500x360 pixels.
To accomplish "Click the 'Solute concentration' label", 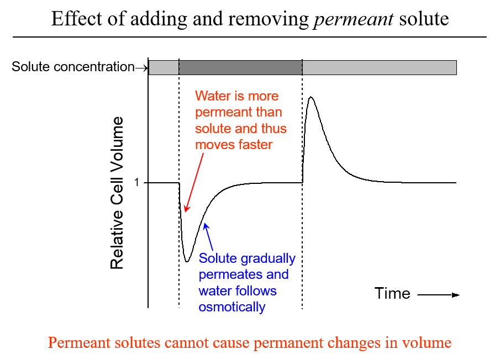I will [x=73, y=67].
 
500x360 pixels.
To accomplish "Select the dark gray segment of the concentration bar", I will [x=240, y=67].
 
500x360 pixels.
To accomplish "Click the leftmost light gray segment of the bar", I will [x=164, y=67].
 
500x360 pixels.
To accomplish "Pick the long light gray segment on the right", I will [x=380, y=67].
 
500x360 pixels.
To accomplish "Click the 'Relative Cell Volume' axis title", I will [x=117, y=193].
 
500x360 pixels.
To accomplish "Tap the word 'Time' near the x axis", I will [x=392, y=293].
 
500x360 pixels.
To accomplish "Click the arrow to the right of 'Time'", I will [x=439, y=295].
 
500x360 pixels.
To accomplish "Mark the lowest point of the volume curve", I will [x=187, y=261].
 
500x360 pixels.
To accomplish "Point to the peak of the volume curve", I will [x=312, y=97].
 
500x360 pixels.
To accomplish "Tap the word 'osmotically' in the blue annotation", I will [x=232, y=307].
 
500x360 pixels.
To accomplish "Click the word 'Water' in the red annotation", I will [x=213, y=96].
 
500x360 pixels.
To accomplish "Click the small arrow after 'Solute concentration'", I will [x=142, y=68].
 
